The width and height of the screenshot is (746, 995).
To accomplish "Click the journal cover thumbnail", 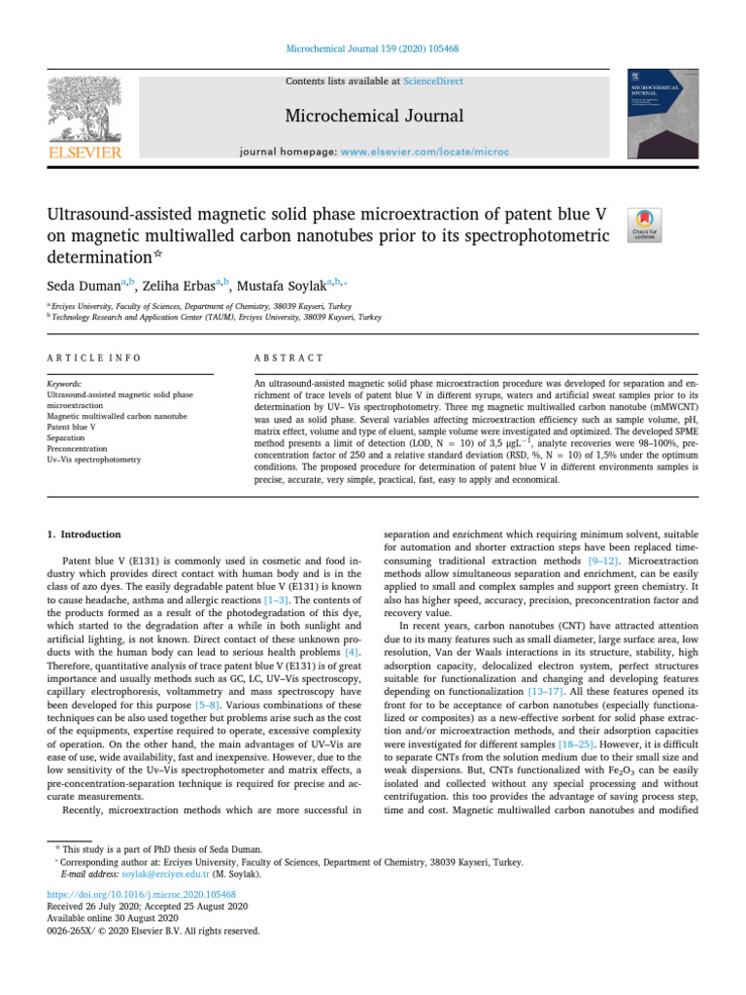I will point(665,115).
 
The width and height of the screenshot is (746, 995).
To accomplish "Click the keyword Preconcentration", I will point(80,448).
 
